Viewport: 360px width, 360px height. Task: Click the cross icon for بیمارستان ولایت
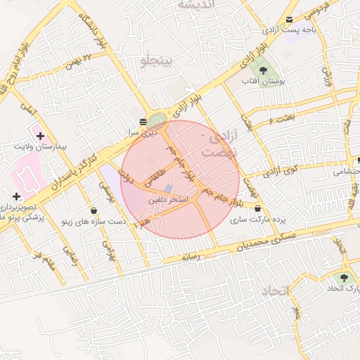pos(40,135)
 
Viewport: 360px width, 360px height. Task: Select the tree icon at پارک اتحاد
pos(344,278)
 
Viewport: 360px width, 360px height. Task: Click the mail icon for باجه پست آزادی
pos(290,19)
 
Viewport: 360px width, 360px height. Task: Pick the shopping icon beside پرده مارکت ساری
pos(259,208)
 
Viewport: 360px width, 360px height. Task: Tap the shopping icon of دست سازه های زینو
pos(94,210)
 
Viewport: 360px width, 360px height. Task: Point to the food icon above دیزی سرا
pos(143,121)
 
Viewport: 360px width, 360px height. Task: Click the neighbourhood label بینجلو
pos(155,61)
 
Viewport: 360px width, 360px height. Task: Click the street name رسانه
pos(191,257)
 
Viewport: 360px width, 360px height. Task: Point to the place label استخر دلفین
pos(167,200)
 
